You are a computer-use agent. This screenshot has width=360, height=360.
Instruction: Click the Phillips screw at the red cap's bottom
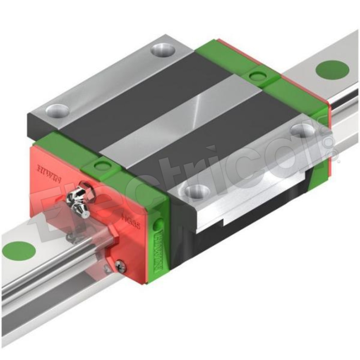[120, 266]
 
